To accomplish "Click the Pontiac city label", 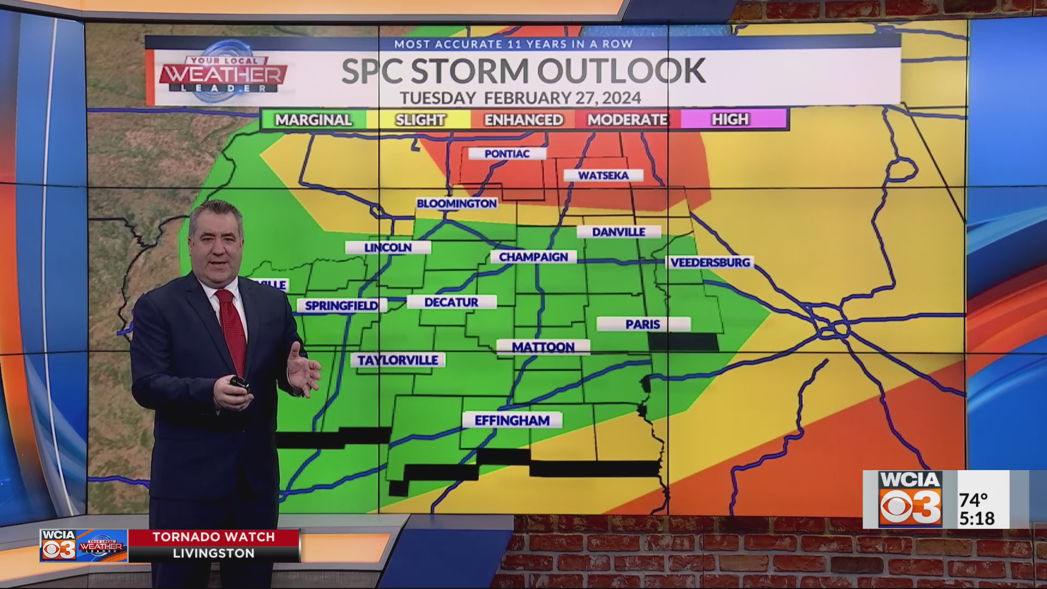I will pos(507,154).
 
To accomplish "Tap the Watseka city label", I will pos(603,176).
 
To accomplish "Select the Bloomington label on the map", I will pos(456,203).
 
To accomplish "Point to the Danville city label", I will pos(618,232).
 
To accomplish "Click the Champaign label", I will pos(533,257).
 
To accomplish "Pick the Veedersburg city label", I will pos(710,262).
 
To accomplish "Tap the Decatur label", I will pos(451,302).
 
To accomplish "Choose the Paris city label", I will pos(643,324).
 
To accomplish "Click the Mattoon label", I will pos(543,347).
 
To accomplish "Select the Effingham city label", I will pos(512,420).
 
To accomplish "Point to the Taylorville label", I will pos(398,360).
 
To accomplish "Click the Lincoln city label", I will pos(388,248).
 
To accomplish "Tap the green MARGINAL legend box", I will pos(313,119).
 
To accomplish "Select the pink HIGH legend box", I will pos(731,119).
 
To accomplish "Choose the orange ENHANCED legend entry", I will pos(523,119).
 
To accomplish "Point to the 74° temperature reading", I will pos(973,500).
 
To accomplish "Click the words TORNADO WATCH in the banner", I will pos(214,537).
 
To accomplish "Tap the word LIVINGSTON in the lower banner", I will pos(214,554).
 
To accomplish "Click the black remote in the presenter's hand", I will pos(239,382).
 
